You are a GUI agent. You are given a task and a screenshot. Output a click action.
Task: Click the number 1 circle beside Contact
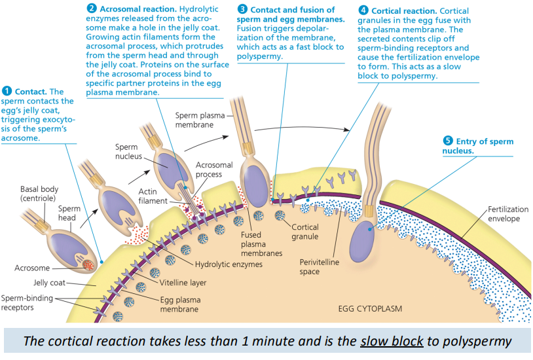(7, 92)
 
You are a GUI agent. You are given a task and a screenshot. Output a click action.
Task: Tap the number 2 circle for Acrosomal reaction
(92, 9)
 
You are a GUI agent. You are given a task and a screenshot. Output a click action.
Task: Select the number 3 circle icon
(243, 9)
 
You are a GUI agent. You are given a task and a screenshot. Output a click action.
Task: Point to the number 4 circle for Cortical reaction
(363, 10)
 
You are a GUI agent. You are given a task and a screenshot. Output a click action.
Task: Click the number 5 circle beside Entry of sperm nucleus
(448, 141)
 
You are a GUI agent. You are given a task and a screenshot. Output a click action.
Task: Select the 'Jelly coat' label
(49, 283)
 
